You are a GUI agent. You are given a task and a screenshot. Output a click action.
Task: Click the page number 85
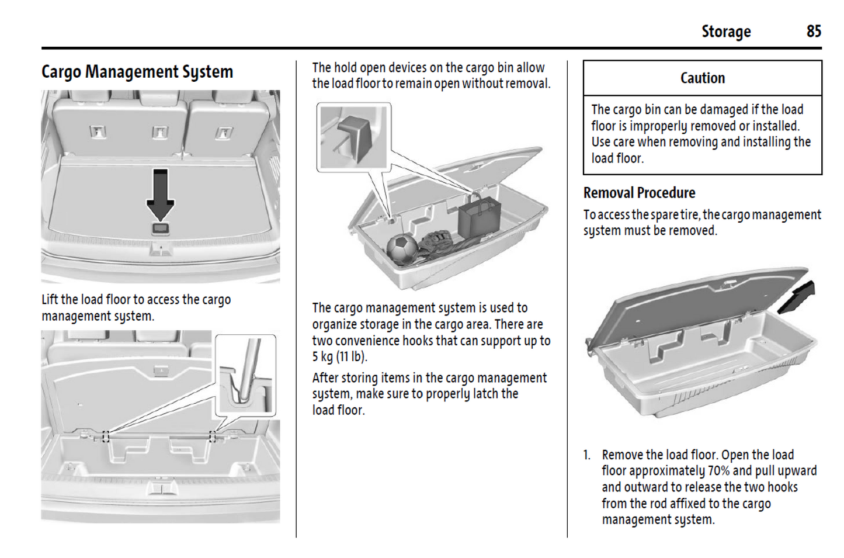(814, 31)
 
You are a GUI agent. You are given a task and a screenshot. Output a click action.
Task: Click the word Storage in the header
(726, 32)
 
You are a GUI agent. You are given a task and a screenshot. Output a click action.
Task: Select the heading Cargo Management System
(137, 72)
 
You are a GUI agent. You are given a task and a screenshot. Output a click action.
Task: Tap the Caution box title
(702, 78)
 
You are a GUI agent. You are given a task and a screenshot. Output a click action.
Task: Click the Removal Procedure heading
(639, 193)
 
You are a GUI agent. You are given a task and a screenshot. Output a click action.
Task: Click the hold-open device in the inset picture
(355, 137)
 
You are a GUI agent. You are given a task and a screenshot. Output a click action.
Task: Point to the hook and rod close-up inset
(246, 374)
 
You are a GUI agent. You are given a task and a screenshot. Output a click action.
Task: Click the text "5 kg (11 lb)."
(339, 356)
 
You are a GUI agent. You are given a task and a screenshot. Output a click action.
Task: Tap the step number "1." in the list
(587, 455)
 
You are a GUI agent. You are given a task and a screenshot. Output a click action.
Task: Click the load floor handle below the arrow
(160, 228)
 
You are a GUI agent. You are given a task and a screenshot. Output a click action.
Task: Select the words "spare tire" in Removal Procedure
(675, 214)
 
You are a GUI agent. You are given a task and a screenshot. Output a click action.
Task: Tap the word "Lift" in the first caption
(50, 300)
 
